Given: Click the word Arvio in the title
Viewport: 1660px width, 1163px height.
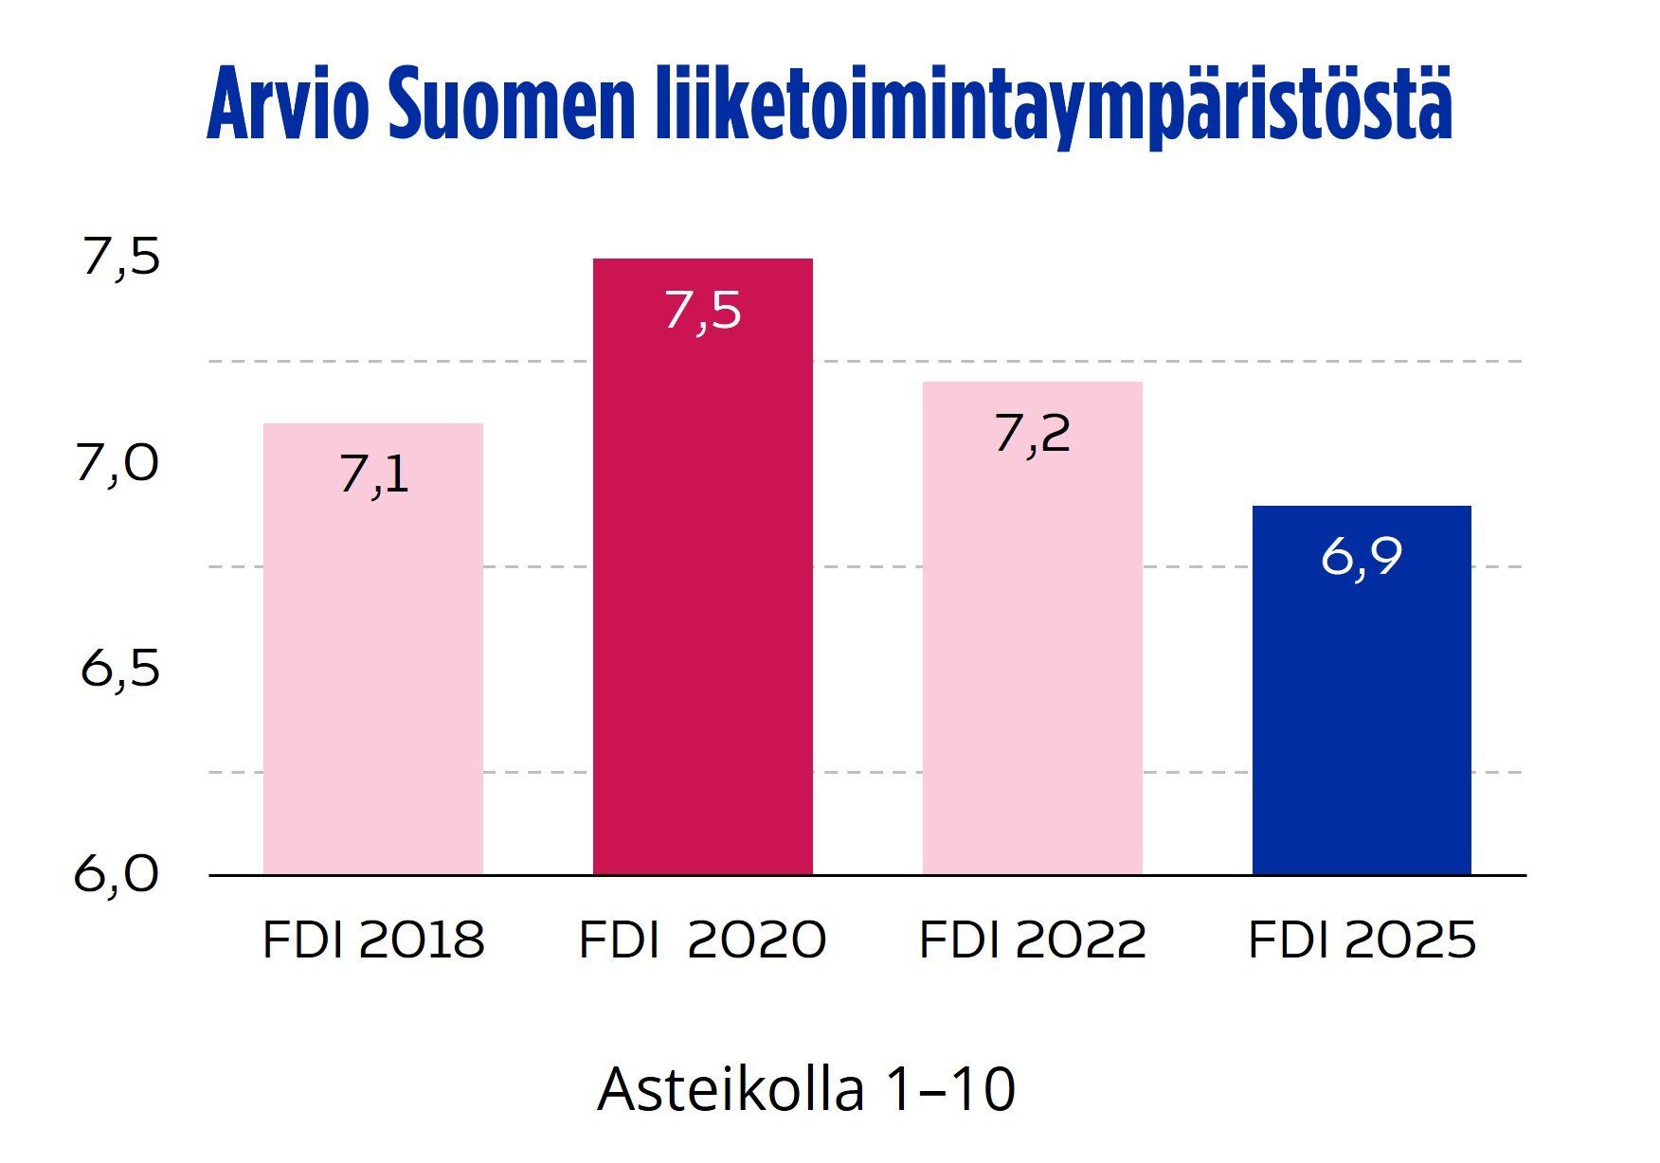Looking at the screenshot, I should (x=287, y=104).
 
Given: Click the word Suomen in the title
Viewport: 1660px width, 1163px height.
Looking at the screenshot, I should (x=511, y=104).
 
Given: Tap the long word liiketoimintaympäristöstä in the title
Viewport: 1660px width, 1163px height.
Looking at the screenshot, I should (x=1053, y=106).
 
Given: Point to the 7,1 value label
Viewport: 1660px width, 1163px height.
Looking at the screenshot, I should (x=374, y=474).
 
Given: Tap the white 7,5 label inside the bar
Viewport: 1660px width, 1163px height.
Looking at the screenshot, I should (x=702, y=311).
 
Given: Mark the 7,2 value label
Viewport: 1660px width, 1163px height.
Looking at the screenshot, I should (x=1032, y=434).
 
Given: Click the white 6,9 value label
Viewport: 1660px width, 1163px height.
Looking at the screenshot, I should (x=1361, y=556).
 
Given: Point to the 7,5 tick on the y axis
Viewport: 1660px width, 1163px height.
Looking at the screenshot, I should (x=121, y=257).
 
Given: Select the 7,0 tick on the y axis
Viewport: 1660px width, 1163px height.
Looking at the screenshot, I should (x=117, y=463).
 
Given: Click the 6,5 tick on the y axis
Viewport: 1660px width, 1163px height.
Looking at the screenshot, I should (x=120, y=669).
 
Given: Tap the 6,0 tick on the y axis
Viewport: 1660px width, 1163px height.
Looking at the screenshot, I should (x=117, y=873).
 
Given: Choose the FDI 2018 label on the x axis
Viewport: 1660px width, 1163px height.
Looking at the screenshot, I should (x=372, y=940).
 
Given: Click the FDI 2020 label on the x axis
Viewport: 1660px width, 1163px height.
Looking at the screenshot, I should (x=702, y=940).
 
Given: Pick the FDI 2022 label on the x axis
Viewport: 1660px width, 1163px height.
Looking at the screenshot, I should (x=1032, y=940).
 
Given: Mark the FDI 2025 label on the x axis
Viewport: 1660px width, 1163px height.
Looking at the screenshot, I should (x=1362, y=940).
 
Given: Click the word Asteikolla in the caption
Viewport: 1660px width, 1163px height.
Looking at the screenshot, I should (x=731, y=1089).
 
